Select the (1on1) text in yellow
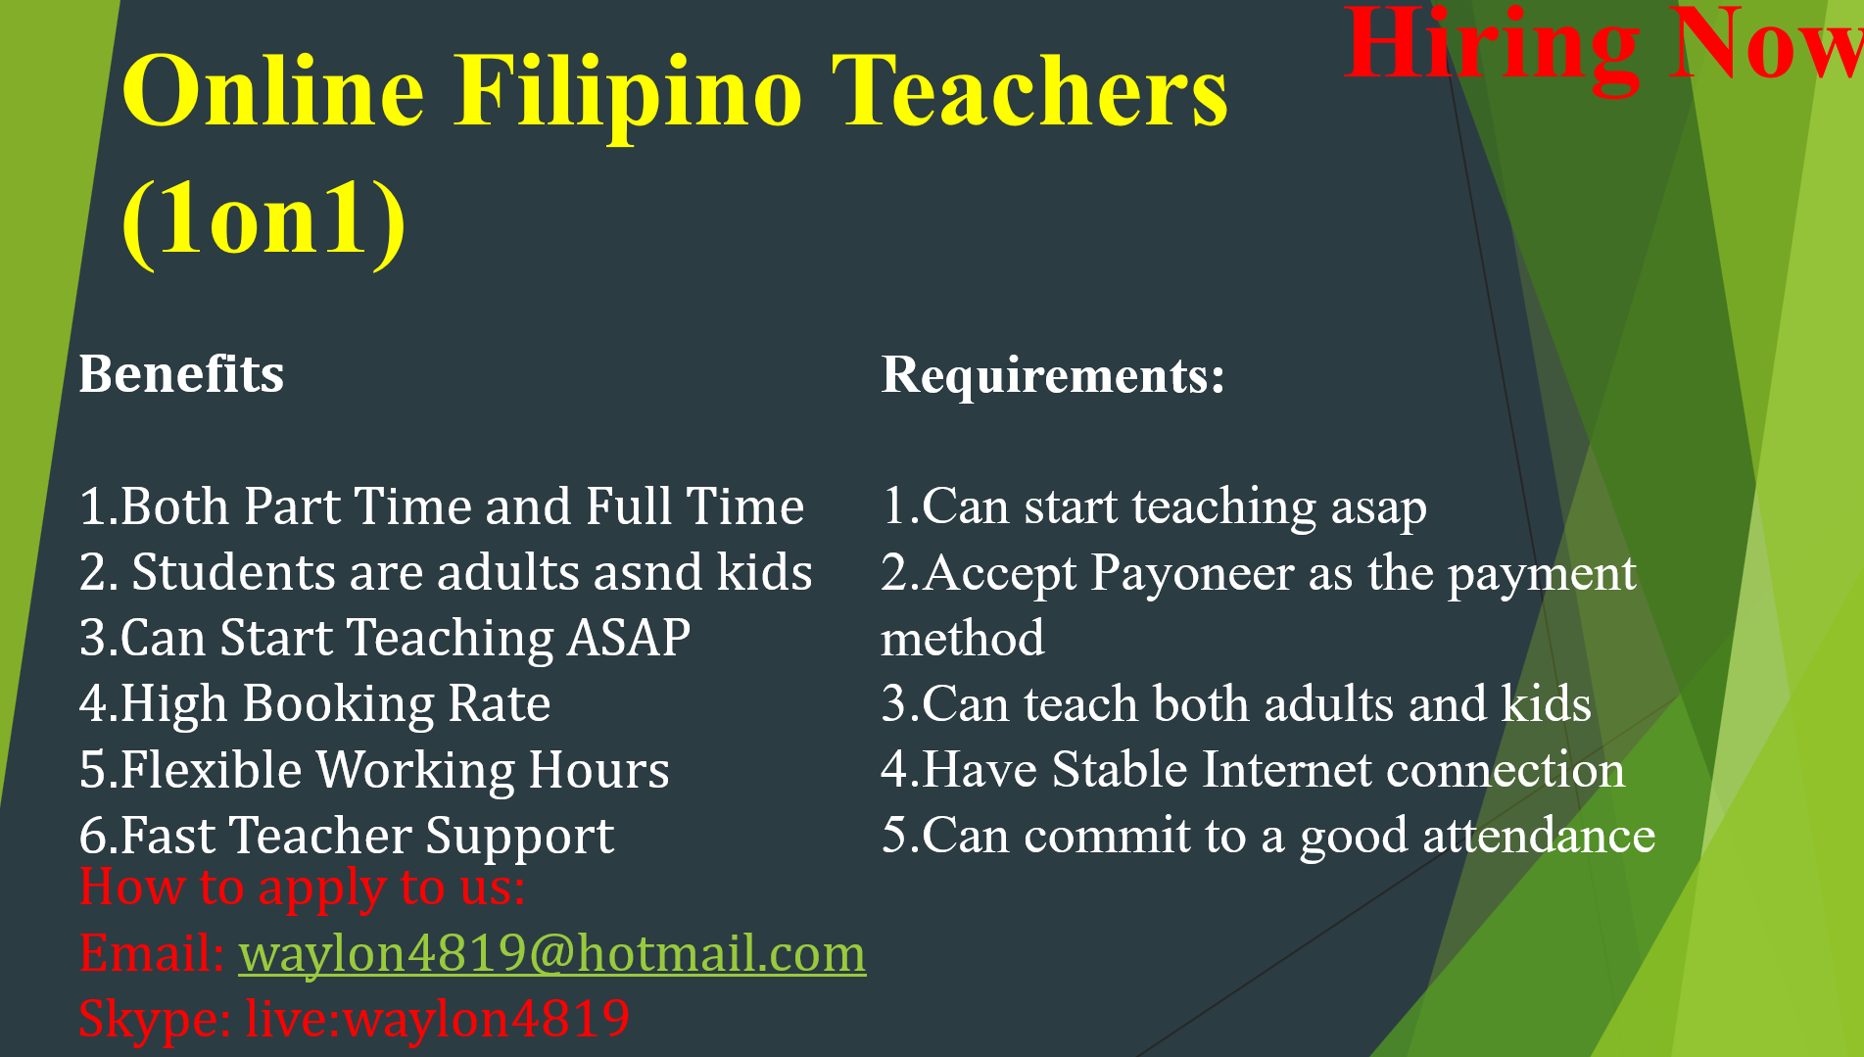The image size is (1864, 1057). (x=263, y=220)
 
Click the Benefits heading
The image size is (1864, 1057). (x=181, y=374)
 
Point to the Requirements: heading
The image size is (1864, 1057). (x=1053, y=375)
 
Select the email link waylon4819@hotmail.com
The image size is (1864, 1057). (x=551, y=953)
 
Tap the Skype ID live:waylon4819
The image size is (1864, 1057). (x=437, y=1018)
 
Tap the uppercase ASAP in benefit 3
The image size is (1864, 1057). (x=629, y=638)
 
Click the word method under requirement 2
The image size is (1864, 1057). (x=962, y=639)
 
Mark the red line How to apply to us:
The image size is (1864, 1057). (x=302, y=889)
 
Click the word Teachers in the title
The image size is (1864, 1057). (x=1029, y=93)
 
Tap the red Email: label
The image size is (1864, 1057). (x=152, y=953)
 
